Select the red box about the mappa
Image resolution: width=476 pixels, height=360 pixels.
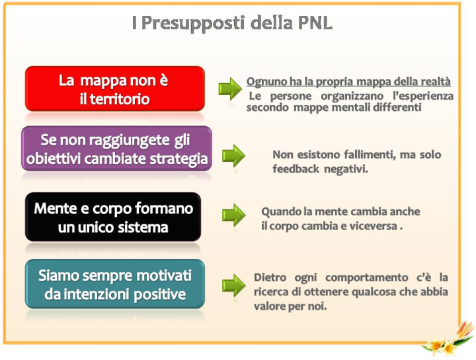[x=115, y=89]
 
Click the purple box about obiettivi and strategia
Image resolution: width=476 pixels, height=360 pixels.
[x=116, y=149]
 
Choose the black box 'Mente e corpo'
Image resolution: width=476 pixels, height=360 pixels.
[x=113, y=217]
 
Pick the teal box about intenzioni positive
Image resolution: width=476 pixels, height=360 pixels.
[x=115, y=284]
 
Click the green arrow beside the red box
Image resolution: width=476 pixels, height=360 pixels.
[x=230, y=89]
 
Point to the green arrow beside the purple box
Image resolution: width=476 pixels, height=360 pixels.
[x=233, y=156]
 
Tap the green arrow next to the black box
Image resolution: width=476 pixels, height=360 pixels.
[x=233, y=215]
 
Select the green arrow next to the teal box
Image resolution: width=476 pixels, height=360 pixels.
[x=233, y=285]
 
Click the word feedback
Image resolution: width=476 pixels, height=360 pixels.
[x=296, y=168]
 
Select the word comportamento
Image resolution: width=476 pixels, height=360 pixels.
[x=367, y=278]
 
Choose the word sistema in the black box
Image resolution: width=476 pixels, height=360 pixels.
[x=143, y=227]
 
